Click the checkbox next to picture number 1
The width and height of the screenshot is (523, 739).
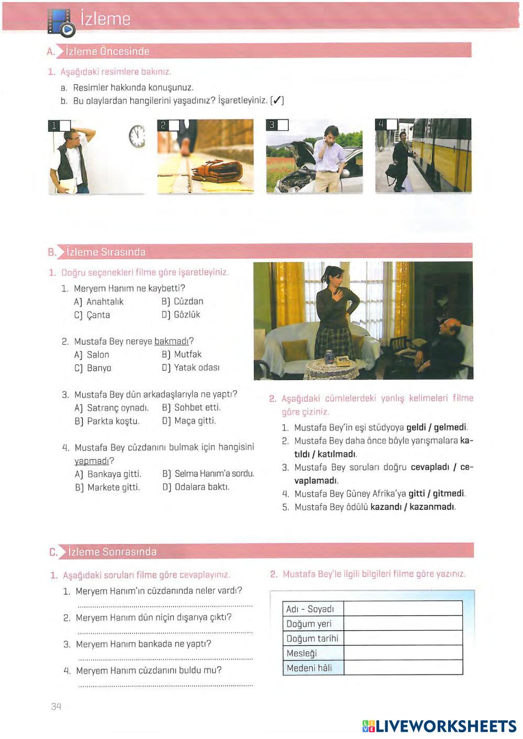65,126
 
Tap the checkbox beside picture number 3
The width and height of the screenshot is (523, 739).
283,125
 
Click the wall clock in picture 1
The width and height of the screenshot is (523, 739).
137,136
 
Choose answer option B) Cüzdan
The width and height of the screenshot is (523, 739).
182,301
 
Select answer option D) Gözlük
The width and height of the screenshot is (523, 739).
181,315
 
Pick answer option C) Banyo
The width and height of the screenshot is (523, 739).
93,368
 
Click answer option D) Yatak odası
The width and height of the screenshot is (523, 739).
191,368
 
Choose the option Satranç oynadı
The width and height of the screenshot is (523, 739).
112,408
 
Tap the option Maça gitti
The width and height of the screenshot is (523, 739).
188,421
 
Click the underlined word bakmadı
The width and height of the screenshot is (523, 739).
171,342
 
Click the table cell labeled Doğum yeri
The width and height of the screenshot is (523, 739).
309,623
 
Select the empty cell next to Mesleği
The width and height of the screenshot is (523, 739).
403,653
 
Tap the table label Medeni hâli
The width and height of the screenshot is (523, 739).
309,668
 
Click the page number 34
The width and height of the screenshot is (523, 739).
57,707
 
